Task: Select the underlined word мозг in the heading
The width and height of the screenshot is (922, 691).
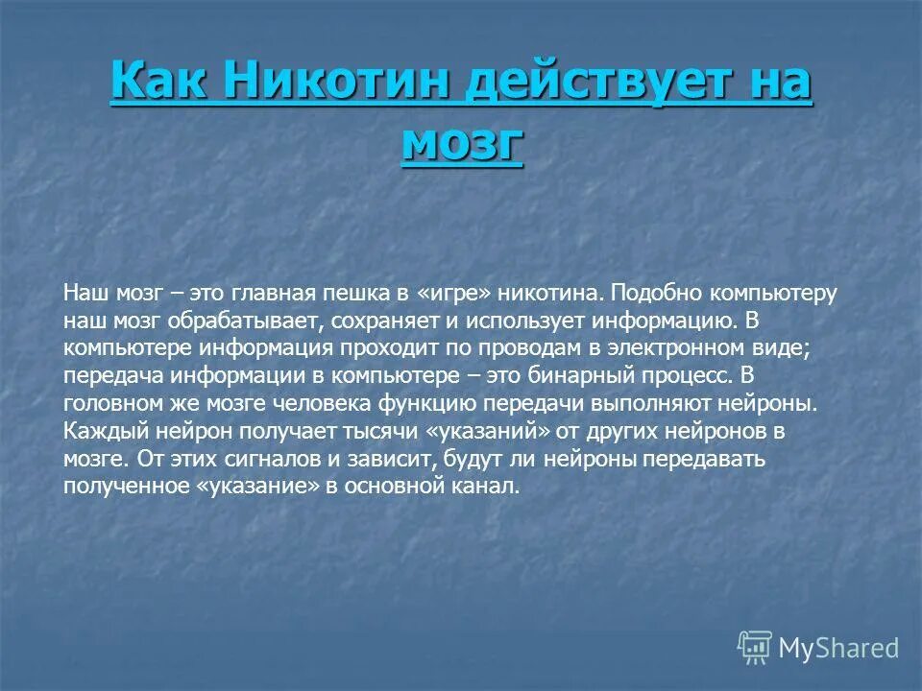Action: (x=462, y=143)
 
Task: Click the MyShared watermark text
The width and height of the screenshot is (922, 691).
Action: (x=837, y=648)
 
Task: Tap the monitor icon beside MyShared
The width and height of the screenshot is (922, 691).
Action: (x=755, y=647)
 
